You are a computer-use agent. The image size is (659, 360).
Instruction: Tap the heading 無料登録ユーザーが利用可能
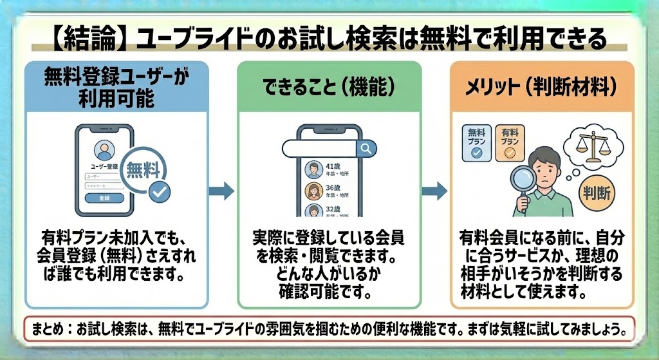pos(116,87)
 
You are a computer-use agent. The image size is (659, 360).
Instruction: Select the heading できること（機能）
pos(329,88)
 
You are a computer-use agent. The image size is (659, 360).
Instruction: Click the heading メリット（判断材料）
pos(543,88)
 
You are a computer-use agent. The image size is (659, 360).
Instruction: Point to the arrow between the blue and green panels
pos(221,190)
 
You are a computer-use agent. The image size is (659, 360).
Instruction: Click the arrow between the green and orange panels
pos(434,190)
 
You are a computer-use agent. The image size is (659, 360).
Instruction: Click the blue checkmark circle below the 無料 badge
pos(159,191)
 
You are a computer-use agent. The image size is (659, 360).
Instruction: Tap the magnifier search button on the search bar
pos(366,149)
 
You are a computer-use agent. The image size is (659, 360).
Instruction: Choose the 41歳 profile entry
pos(328,169)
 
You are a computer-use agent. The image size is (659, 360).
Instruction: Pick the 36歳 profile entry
pos(328,191)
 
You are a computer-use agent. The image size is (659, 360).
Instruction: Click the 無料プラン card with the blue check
pos(477,142)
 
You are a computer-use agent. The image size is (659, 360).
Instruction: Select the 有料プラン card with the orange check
pos(509,142)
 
